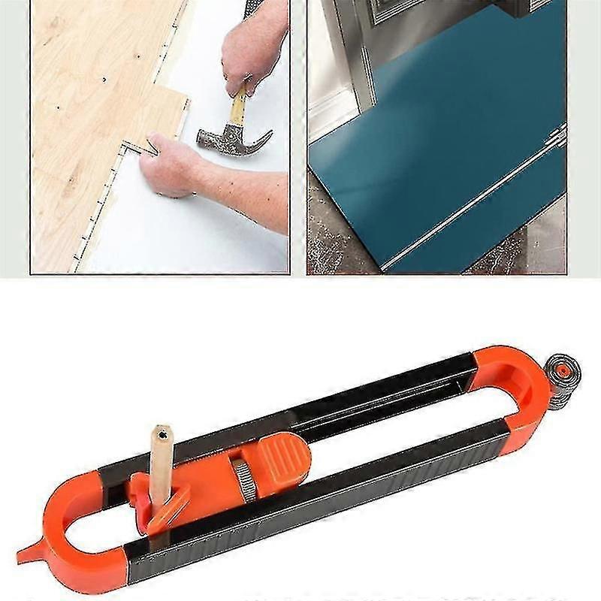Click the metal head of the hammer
coord(225,140)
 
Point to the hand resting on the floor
coord(170,165)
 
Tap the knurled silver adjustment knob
coord(243,479)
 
